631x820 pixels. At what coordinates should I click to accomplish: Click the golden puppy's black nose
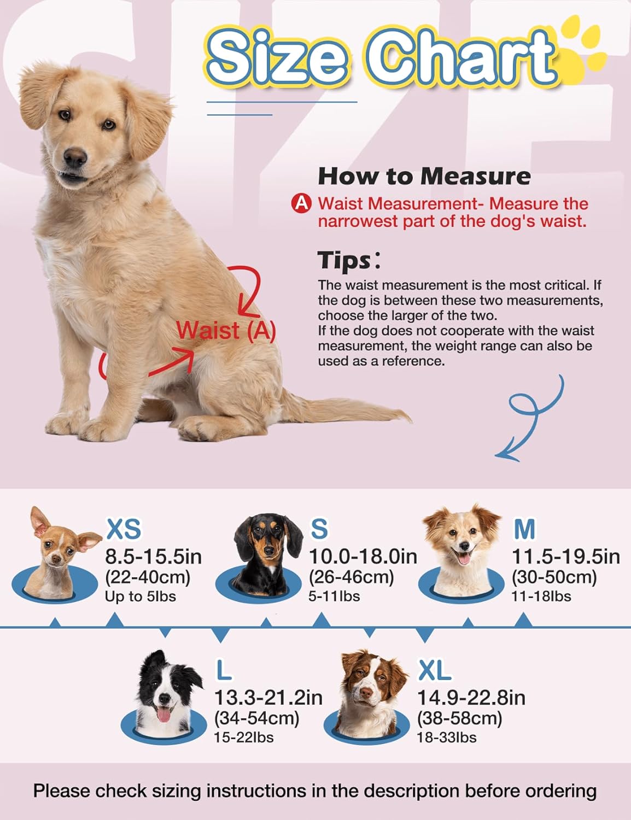click(75, 156)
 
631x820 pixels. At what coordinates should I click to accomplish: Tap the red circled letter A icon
click(301, 203)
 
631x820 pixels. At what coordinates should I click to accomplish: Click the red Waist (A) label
click(226, 331)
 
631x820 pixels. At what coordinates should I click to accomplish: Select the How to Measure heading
click(424, 176)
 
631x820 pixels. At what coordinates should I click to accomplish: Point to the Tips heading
click(349, 260)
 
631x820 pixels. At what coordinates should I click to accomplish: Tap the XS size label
click(124, 529)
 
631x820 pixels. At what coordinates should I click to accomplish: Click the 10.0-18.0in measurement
click(363, 557)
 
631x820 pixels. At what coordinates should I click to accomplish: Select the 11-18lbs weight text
click(541, 596)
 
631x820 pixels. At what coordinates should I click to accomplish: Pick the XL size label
click(434, 671)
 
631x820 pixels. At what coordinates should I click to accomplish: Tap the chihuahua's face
click(57, 547)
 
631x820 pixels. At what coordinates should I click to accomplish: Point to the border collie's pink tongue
click(163, 714)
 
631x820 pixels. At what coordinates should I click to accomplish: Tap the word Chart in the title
click(460, 57)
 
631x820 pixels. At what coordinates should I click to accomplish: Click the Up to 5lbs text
click(141, 596)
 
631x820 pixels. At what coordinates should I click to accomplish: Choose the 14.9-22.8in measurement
click(471, 698)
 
